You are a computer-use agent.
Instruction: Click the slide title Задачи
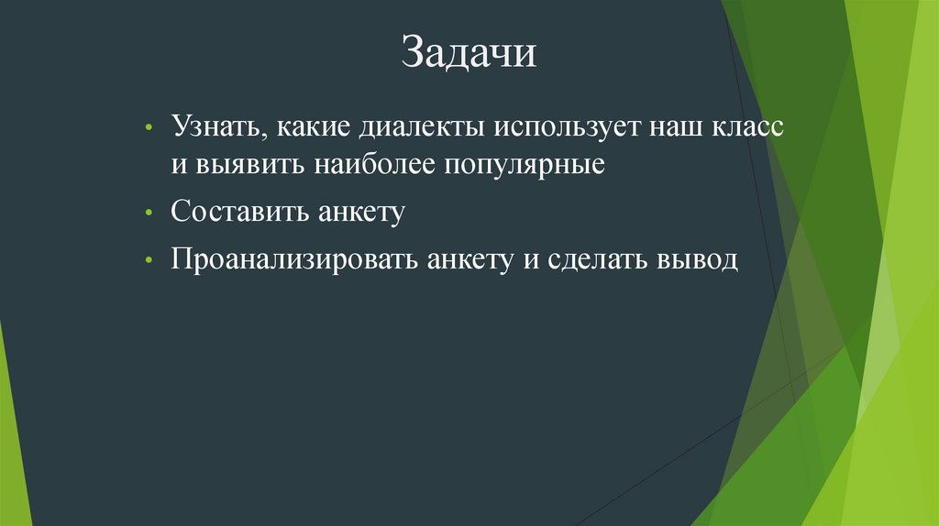(x=468, y=53)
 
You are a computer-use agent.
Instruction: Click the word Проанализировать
(x=293, y=260)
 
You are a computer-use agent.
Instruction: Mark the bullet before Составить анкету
(x=149, y=214)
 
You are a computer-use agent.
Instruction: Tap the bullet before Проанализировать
(x=149, y=261)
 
